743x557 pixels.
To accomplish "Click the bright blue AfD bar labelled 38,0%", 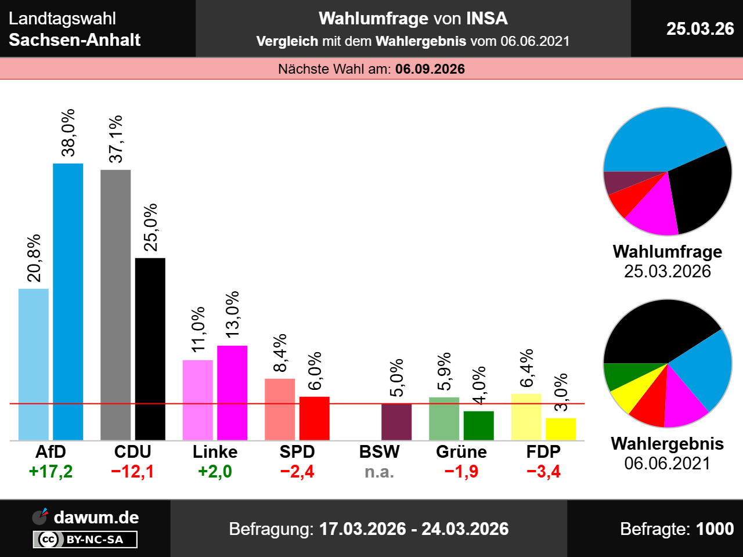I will (68, 302).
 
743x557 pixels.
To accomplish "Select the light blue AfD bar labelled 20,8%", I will (34, 364).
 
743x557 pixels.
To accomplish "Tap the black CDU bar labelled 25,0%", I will (150, 349).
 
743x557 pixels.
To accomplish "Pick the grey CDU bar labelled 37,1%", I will (116, 305).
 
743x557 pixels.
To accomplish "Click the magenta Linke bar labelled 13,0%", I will (232, 393).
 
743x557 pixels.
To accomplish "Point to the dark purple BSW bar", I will (396, 422).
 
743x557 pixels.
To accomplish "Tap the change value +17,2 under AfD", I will (51, 472).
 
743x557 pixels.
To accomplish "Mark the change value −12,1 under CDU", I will (133, 472).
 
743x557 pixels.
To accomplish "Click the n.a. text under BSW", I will (380, 472).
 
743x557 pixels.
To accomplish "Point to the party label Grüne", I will (461, 452).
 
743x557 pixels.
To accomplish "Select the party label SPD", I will (297, 452).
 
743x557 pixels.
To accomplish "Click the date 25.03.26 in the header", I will (700, 28).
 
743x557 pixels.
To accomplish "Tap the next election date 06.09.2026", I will (430, 69).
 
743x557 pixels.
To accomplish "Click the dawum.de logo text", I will (96, 517).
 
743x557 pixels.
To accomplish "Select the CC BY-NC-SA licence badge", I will (85, 540).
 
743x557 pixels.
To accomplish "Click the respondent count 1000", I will (715, 529).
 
